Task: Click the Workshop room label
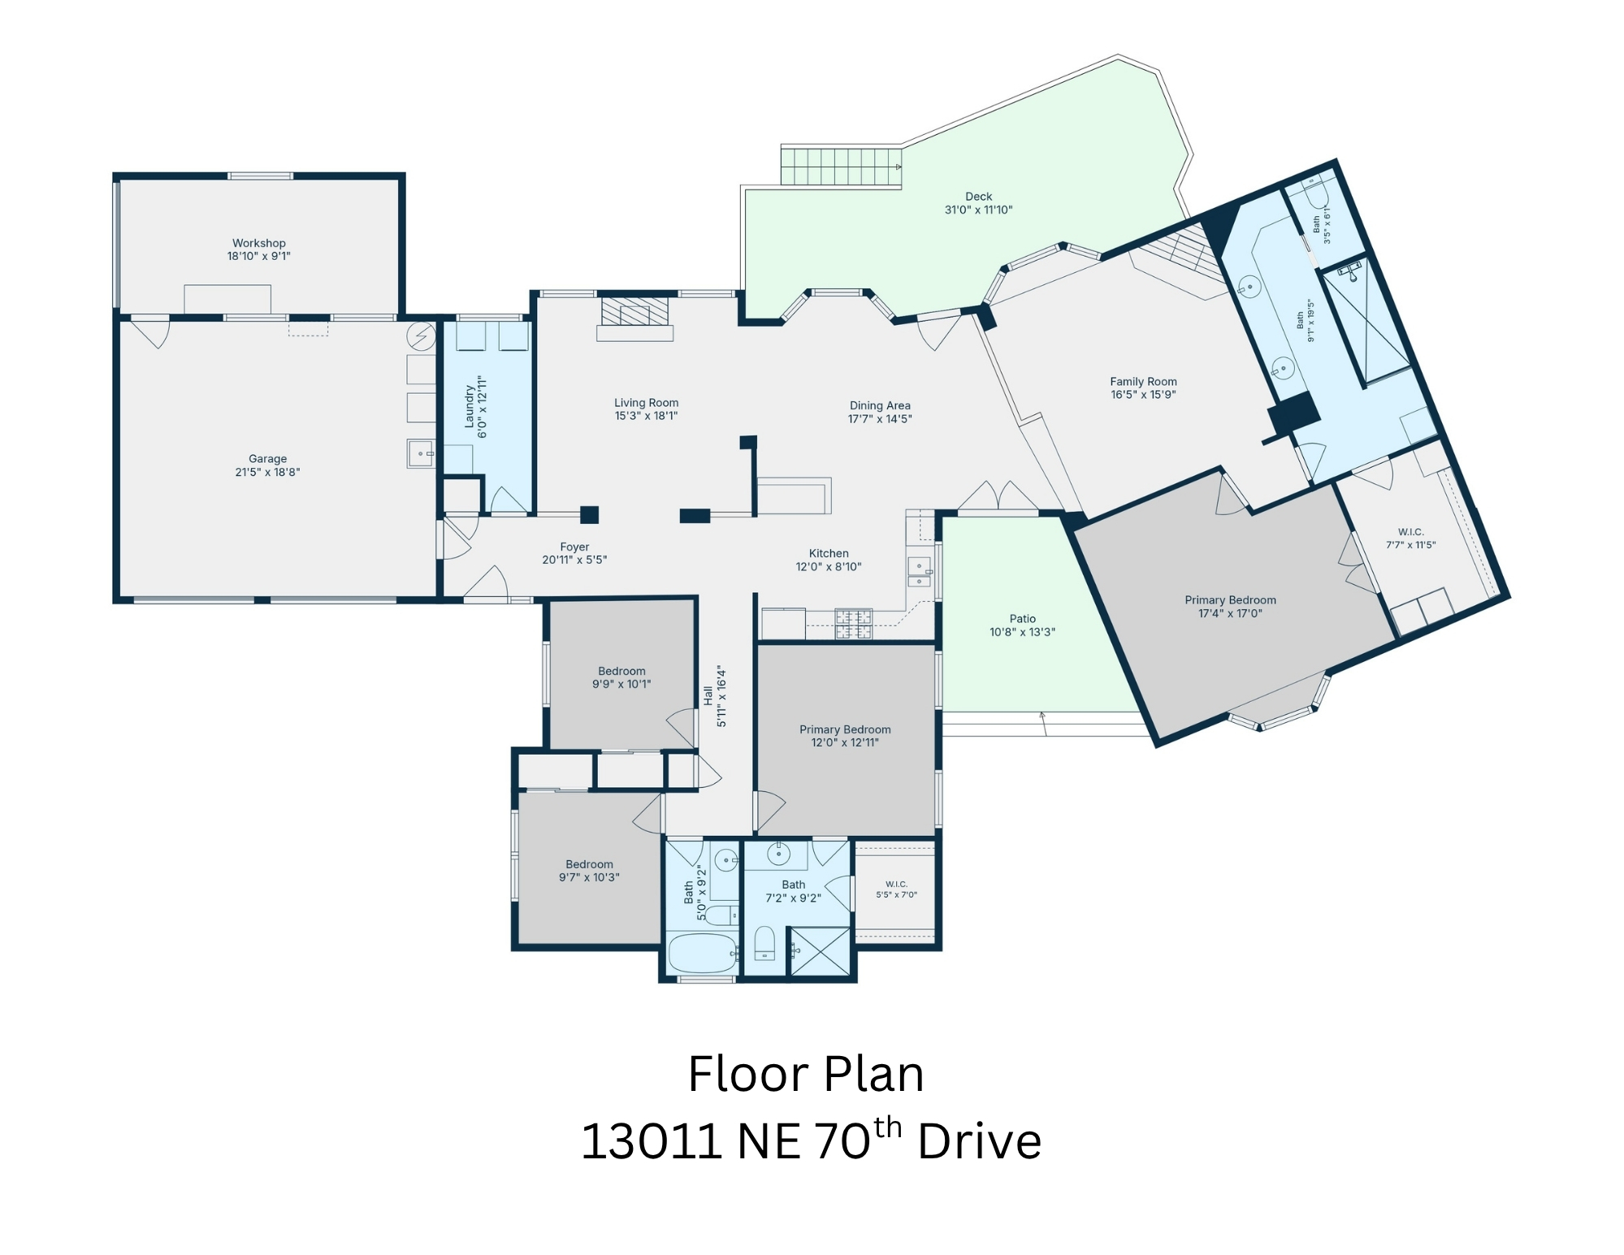(259, 243)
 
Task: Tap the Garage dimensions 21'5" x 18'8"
(267, 472)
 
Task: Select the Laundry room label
(470, 406)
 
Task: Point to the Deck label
(979, 197)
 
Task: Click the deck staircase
(842, 166)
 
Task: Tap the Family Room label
(1144, 382)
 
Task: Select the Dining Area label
(880, 405)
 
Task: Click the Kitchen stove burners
(853, 624)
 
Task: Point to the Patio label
(1023, 619)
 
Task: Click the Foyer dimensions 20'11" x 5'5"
(574, 560)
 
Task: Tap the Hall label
(708, 695)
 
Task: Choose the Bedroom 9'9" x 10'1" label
(621, 677)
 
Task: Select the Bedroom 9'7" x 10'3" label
(589, 871)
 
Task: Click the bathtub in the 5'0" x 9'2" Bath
(703, 954)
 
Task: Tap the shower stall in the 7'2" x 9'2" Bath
(820, 951)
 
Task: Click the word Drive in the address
(980, 1141)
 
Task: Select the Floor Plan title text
(806, 1075)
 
